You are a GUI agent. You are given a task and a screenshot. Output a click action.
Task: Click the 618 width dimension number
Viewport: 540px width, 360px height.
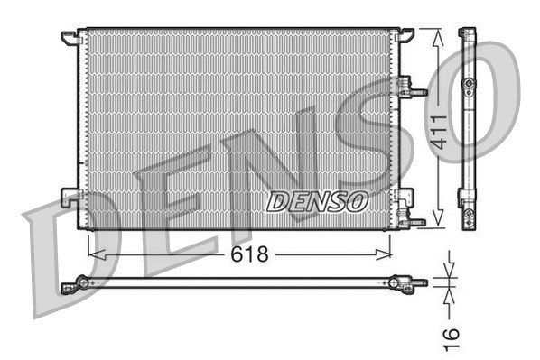point(250,254)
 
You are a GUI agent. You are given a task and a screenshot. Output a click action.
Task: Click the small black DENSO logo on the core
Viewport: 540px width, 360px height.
point(317,200)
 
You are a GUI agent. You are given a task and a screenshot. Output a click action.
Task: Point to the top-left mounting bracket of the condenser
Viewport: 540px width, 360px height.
point(70,39)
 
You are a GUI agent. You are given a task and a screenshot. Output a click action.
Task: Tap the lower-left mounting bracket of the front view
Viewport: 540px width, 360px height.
point(70,196)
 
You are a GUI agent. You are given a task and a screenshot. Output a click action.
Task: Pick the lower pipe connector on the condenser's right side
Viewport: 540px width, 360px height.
point(412,219)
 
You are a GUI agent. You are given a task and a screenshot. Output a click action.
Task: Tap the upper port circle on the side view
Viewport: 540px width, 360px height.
point(468,84)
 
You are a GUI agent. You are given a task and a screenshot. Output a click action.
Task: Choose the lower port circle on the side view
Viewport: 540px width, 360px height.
point(468,215)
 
